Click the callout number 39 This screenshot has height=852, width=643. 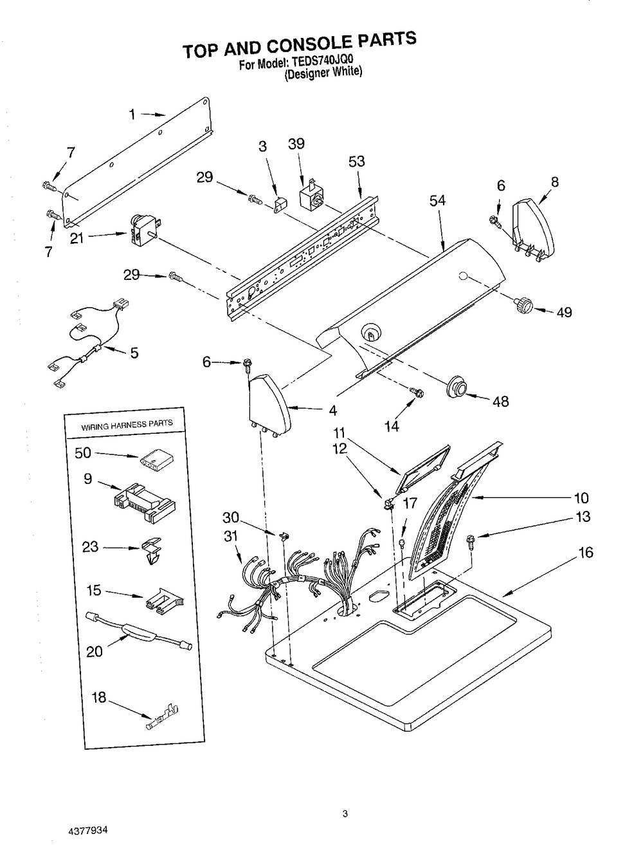pyautogui.click(x=296, y=145)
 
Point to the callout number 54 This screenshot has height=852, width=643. pyautogui.click(x=437, y=201)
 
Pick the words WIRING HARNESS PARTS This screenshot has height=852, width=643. pyautogui.click(x=126, y=424)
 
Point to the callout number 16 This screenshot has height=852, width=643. pyautogui.click(x=586, y=553)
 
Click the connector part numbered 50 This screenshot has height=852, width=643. pyautogui.click(x=155, y=459)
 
